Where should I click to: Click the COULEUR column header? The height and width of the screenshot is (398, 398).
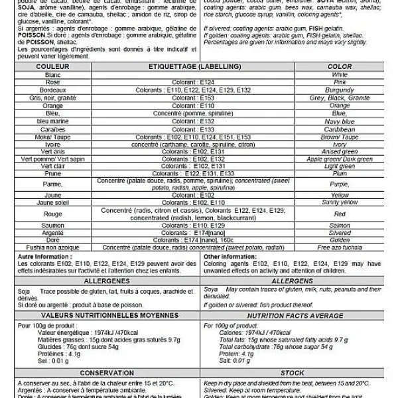point(52,67)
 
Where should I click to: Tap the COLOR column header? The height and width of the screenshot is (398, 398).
point(340,67)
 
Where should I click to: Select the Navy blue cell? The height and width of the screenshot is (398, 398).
point(340,121)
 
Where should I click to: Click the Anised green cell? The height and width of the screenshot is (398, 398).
point(340,152)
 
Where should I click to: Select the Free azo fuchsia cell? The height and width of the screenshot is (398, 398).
point(340,247)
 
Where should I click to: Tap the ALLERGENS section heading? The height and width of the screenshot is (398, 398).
point(292,282)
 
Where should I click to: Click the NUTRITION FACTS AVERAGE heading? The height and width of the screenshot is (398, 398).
point(292,316)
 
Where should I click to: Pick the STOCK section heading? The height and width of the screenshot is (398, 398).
point(292,373)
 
